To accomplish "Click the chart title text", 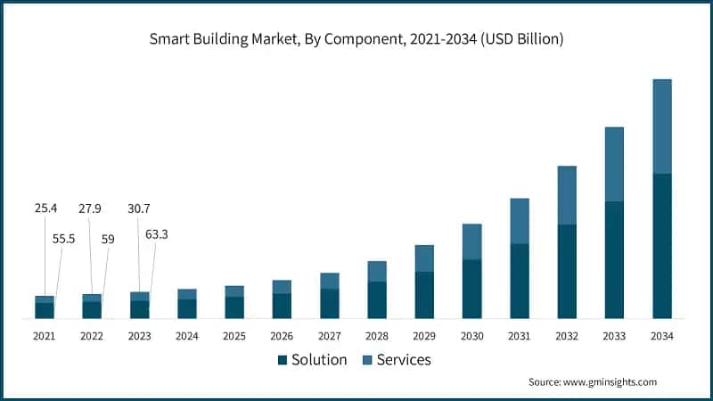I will pyautogui.click(x=356, y=39).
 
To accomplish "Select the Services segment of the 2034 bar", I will pyautogui.click(x=662, y=126).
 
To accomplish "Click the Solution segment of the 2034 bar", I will pyautogui.click(x=662, y=246).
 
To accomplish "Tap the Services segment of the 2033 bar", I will pyautogui.click(x=614, y=164).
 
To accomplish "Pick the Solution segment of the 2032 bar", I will pyautogui.click(x=567, y=271).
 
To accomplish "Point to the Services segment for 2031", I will pyautogui.click(x=520, y=221).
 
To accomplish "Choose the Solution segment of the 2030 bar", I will pyautogui.click(x=472, y=289).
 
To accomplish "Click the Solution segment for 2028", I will pyautogui.click(x=377, y=299).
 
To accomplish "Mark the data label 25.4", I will pyautogui.click(x=46, y=209).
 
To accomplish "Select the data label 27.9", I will pyautogui.click(x=91, y=209).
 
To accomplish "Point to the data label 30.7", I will pyautogui.click(x=138, y=209).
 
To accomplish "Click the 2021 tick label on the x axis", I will pyautogui.click(x=44, y=337).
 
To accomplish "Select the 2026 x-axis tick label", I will pyautogui.click(x=282, y=337).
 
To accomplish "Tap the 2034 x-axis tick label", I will pyautogui.click(x=662, y=337).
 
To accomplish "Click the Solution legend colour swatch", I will pyautogui.click(x=283, y=360).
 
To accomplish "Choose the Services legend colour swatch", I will pyautogui.click(x=365, y=360).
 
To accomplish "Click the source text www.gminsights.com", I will pyautogui.click(x=592, y=381).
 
